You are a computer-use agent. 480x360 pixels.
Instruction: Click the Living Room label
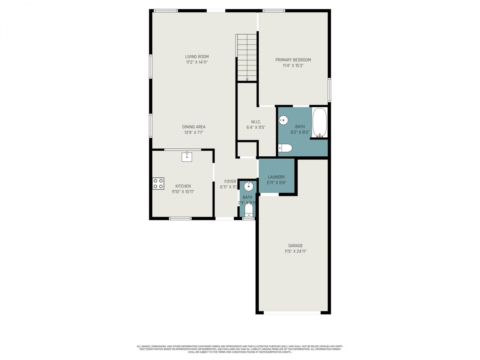click(197, 57)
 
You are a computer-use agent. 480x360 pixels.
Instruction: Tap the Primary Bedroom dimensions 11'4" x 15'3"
click(293, 66)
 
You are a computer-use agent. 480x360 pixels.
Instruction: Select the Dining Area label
click(193, 127)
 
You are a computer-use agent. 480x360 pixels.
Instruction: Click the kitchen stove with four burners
click(158, 183)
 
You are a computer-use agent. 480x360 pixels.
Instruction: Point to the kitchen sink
click(187, 157)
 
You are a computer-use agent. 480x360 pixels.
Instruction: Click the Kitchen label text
click(183, 186)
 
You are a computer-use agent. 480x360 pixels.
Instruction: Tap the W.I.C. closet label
click(256, 122)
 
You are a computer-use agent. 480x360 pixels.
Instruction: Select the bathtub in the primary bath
click(320, 123)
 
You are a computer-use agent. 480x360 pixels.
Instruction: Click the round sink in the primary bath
click(283, 121)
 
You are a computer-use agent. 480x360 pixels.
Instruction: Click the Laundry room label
click(276, 177)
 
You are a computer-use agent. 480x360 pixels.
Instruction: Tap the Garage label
click(295, 246)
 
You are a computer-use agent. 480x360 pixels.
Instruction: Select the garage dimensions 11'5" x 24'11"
click(295, 252)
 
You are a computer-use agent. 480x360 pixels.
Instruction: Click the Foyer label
click(230, 181)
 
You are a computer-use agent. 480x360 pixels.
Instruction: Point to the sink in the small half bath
click(249, 186)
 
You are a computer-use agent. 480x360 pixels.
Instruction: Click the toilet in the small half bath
click(249, 210)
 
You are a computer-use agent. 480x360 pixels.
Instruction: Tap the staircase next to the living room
click(246, 56)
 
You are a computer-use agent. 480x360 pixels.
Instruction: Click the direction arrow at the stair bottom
click(247, 79)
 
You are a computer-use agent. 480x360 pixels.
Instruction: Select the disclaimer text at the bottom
click(240, 349)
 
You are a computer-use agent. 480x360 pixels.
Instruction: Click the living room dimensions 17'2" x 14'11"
click(197, 63)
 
